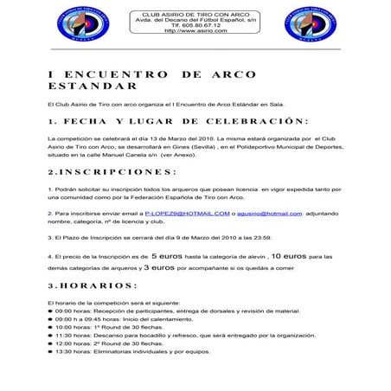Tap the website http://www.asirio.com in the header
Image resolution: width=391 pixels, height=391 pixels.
pos(192,31)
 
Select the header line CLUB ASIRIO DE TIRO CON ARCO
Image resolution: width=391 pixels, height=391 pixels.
pos(192,13)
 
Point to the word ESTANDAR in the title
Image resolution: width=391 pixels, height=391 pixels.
pos(92,87)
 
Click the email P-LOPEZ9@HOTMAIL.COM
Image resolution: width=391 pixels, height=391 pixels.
pos(187,212)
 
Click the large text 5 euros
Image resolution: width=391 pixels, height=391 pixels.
pos(166,256)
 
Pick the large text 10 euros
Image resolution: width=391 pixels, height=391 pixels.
pos(288,256)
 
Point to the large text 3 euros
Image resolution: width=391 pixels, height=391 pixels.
pos(157,268)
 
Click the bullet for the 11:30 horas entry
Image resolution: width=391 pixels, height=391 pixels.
pos(51,335)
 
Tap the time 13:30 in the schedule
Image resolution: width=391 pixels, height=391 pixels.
pos(64,351)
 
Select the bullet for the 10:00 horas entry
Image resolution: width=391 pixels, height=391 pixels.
pos(51,327)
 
